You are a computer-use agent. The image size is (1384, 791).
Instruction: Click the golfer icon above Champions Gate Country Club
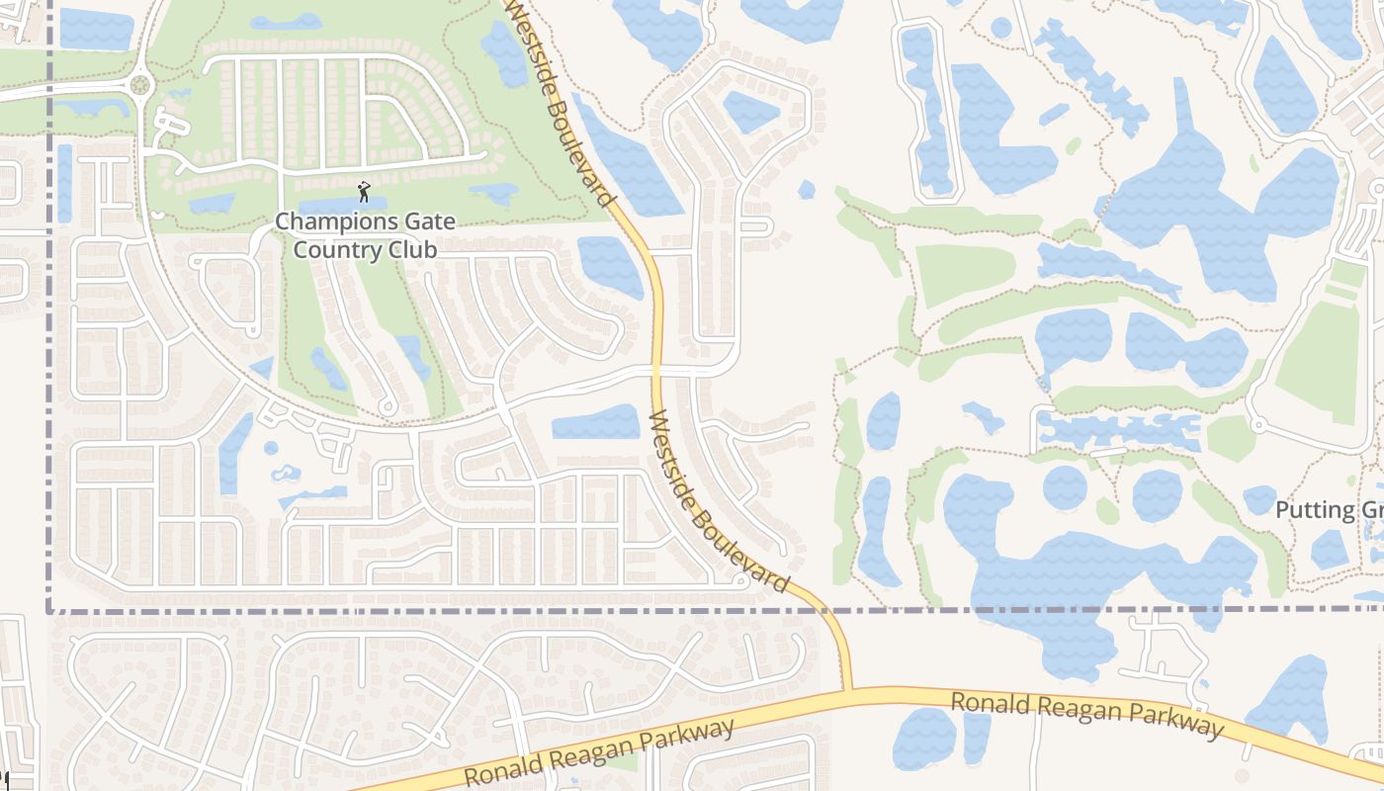click(x=364, y=191)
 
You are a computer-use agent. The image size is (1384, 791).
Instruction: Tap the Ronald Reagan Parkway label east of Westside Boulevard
click(x=1086, y=715)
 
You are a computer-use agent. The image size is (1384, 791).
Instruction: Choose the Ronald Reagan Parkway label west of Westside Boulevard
click(x=600, y=753)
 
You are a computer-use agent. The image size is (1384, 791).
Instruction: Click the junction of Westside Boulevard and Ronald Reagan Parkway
click(x=848, y=691)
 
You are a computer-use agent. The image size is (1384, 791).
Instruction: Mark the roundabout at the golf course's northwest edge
click(x=139, y=85)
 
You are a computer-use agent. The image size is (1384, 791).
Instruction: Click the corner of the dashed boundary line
click(x=48, y=611)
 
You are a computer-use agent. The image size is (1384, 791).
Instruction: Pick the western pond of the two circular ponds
click(x=1065, y=488)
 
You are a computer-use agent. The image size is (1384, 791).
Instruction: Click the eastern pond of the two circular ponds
click(x=1157, y=495)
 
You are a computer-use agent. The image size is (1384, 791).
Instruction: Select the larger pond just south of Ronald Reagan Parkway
click(x=923, y=740)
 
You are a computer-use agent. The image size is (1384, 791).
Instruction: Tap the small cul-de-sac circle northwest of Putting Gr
click(x=1257, y=425)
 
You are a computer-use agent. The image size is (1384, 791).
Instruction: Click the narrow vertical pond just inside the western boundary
click(x=64, y=183)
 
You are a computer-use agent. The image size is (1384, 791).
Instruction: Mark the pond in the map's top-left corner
click(x=96, y=29)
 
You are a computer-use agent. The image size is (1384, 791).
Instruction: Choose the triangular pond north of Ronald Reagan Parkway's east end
click(x=1290, y=697)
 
